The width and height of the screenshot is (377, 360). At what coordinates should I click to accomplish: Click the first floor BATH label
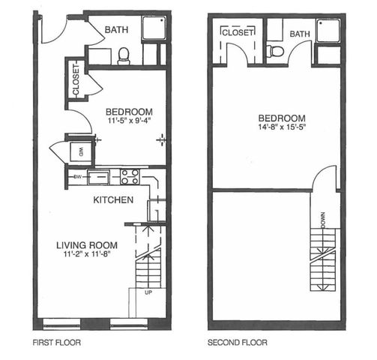click(x=116, y=30)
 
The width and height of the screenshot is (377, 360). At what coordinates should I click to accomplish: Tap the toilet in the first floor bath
click(x=124, y=56)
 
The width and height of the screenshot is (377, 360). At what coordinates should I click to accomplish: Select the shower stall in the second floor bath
click(x=328, y=31)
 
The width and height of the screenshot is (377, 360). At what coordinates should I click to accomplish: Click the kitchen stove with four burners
click(x=130, y=177)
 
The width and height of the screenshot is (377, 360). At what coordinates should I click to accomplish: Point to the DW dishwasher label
click(x=78, y=177)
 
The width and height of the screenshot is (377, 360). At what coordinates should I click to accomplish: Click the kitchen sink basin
click(x=98, y=177)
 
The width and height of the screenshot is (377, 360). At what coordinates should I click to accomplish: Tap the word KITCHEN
click(x=113, y=200)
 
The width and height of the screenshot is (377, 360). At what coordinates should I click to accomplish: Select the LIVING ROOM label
click(x=87, y=245)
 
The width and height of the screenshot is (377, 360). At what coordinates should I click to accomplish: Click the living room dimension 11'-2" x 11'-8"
click(x=87, y=254)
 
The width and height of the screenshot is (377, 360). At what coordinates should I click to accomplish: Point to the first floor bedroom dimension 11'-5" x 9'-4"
click(x=130, y=121)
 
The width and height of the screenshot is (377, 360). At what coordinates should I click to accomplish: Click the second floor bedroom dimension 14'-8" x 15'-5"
click(x=282, y=127)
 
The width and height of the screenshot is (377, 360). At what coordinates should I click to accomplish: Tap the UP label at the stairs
click(x=148, y=292)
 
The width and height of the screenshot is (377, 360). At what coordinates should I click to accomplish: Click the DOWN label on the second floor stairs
click(x=322, y=220)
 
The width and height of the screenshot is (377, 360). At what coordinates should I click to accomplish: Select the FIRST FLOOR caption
click(x=57, y=342)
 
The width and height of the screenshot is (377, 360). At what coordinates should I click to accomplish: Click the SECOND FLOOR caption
click(x=238, y=342)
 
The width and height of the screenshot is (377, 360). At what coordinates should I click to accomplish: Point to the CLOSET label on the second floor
click(x=238, y=32)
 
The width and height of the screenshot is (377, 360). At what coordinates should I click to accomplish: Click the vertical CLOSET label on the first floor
click(x=76, y=80)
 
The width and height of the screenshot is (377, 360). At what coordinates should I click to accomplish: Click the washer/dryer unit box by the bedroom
click(x=80, y=151)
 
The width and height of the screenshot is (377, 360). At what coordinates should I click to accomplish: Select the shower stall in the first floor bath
click(x=154, y=28)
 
